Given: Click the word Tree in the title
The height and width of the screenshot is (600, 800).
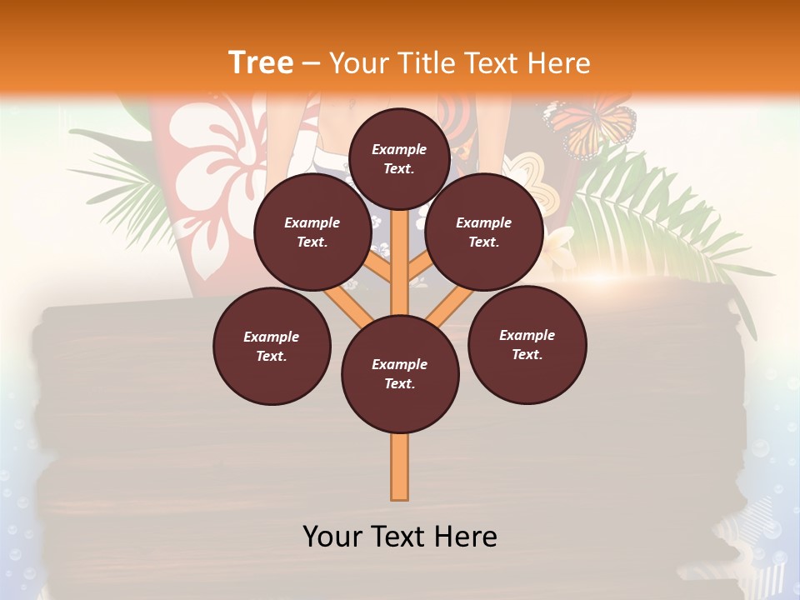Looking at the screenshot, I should click(260, 62).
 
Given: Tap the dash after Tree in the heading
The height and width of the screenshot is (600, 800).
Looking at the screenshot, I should click(311, 63).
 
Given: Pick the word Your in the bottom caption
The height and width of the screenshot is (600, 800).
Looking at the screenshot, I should click(333, 537).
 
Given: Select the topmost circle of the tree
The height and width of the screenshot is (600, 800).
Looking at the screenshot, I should click(399, 158).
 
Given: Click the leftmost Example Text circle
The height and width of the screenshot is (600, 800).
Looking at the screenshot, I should click(272, 346).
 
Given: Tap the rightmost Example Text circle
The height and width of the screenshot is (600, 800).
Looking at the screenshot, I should click(527, 344).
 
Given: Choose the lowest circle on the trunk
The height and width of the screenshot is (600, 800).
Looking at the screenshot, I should click(400, 374).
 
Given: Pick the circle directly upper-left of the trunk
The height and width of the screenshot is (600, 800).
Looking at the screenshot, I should click(312, 232).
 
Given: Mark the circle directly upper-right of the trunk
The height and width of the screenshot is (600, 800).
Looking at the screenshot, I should click(483, 232).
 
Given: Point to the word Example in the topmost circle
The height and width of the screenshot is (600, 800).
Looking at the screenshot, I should click(399, 149).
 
